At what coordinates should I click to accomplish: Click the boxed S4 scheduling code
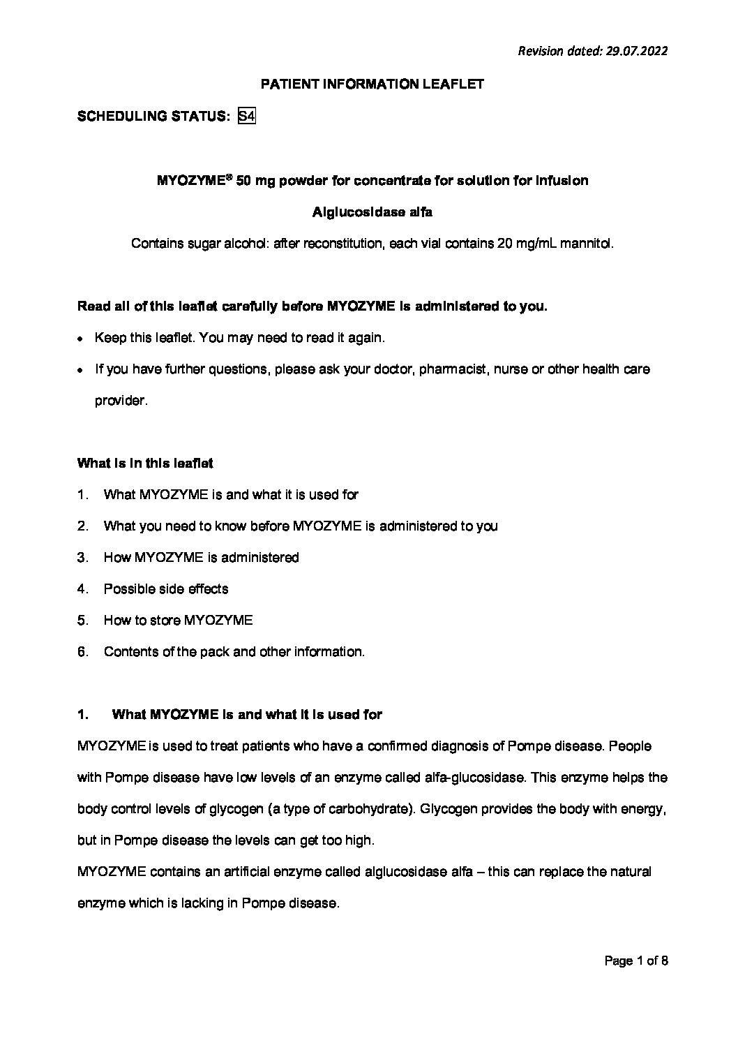coord(246,117)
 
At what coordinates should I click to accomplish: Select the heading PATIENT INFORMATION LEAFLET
coord(372,84)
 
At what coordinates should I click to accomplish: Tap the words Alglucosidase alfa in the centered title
coord(372,212)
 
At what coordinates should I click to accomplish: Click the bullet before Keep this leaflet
coord(81,339)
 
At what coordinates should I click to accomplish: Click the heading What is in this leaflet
coord(145,463)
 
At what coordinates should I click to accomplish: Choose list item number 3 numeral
coord(82,558)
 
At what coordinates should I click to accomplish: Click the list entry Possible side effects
coord(165,589)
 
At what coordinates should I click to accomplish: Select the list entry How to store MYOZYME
coord(178,621)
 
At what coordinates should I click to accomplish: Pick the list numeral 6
coord(82,652)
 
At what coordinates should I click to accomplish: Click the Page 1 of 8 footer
coord(636,961)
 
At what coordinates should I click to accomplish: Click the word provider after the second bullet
coord(121,401)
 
